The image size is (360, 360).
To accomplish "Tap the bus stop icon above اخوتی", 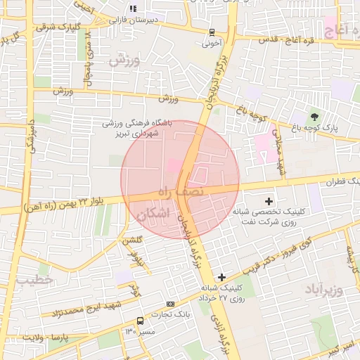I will (x=212, y=32).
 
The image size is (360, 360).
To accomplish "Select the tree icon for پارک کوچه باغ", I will (x=314, y=117).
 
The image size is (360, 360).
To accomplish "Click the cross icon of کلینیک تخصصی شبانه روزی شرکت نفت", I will (x=269, y=201).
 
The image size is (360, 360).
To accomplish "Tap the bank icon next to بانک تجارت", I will (x=169, y=303).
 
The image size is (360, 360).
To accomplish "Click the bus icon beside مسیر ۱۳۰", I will (x=139, y=320).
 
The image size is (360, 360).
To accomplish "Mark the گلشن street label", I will (x=133, y=240).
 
